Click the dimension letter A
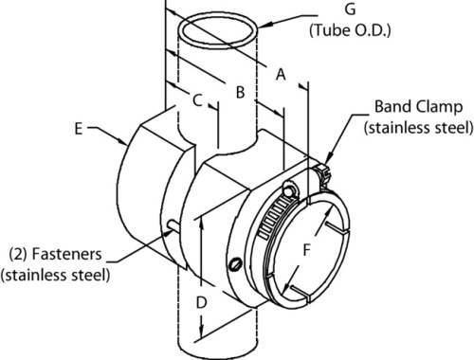click(x=281, y=75)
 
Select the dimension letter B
click(x=240, y=93)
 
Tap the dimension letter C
click(x=197, y=100)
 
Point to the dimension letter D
click(x=201, y=302)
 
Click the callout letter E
click(x=79, y=129)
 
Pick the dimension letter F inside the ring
click(x=307, y=250)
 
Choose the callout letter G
click(x=350, y=9)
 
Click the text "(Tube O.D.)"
click(x=350, y=30)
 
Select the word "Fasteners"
click(x=67, y=254)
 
